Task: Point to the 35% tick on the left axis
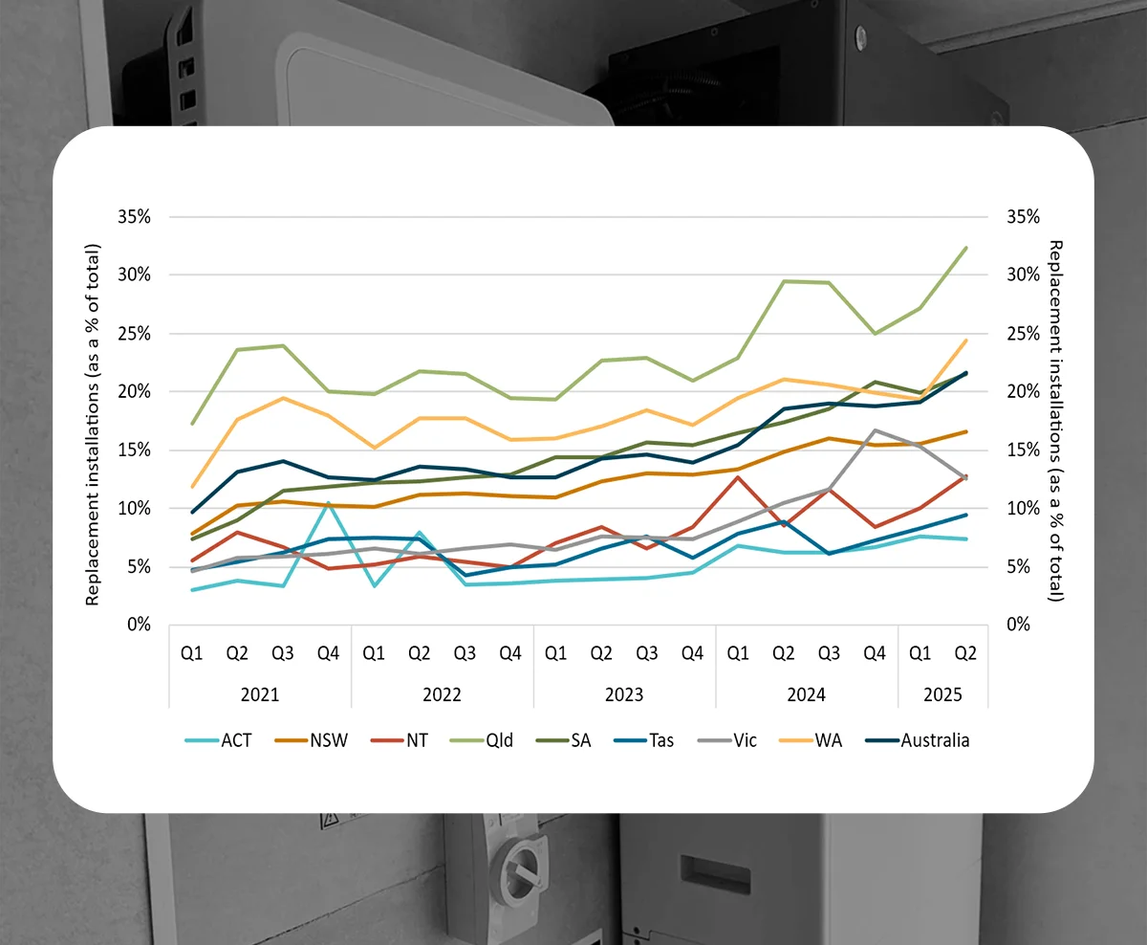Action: click(x=136, y=217)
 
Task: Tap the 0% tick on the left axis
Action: click(x=140, y=625)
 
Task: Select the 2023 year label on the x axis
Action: click(x=624, y=693)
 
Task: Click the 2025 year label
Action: click(x=942, y=693)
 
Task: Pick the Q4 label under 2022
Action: click(x=510, y=653)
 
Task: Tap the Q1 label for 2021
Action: click(x=192, y=653)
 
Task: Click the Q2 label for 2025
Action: click(x=965, y=653)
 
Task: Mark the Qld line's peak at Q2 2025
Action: click(x=966, y=248)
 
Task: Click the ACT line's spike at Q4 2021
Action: click(x=329, y=502)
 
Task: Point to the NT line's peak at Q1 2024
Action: click(x=738, y=476)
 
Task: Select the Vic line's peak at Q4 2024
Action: click(x=875, y=430)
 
